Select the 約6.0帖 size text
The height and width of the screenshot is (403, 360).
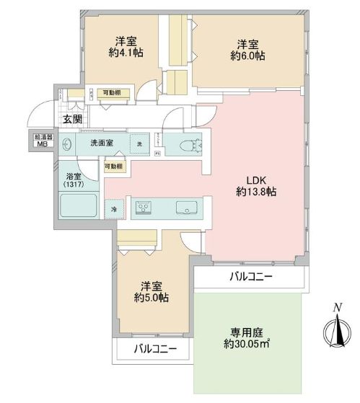click(247, 55)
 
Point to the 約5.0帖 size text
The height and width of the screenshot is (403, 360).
click(152, 298)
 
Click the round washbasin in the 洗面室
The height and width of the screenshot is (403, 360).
click(67, 143)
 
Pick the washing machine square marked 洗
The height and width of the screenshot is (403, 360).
click(139, 143)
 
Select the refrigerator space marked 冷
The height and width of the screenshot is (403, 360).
click(114, 208)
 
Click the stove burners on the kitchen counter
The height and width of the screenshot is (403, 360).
click(144, 208)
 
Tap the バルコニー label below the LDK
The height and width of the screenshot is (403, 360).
click(247, 277)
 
